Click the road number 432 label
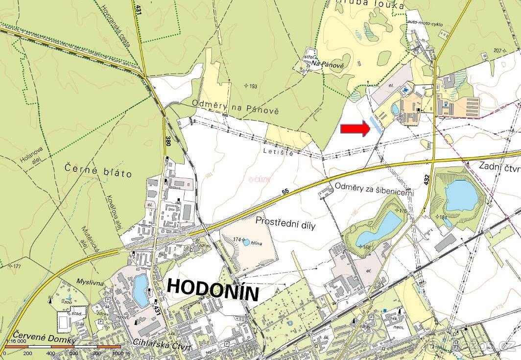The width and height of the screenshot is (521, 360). pos(426,179)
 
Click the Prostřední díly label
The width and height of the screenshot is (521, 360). pos(285,225)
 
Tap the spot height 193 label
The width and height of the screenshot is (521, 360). pos(251,86)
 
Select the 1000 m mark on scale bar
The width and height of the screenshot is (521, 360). pos(119,353)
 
